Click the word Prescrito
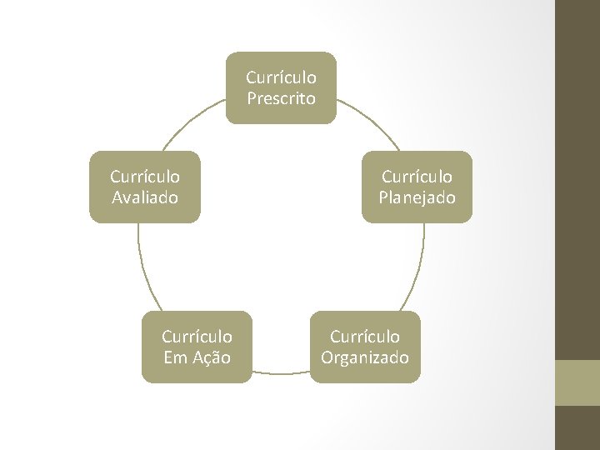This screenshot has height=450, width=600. point(281,98)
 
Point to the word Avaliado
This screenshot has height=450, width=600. point(145,197)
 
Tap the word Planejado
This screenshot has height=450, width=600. point(417,197)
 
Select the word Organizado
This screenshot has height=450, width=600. point(365,357)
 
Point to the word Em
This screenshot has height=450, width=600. point(175,357)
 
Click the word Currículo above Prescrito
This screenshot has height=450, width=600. point(281,77)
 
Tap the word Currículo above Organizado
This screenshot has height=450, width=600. point(365,337)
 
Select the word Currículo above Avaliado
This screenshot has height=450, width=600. point(145,177)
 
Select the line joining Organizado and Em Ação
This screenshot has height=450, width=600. point(281,372)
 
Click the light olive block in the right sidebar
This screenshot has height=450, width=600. point(577,382)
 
